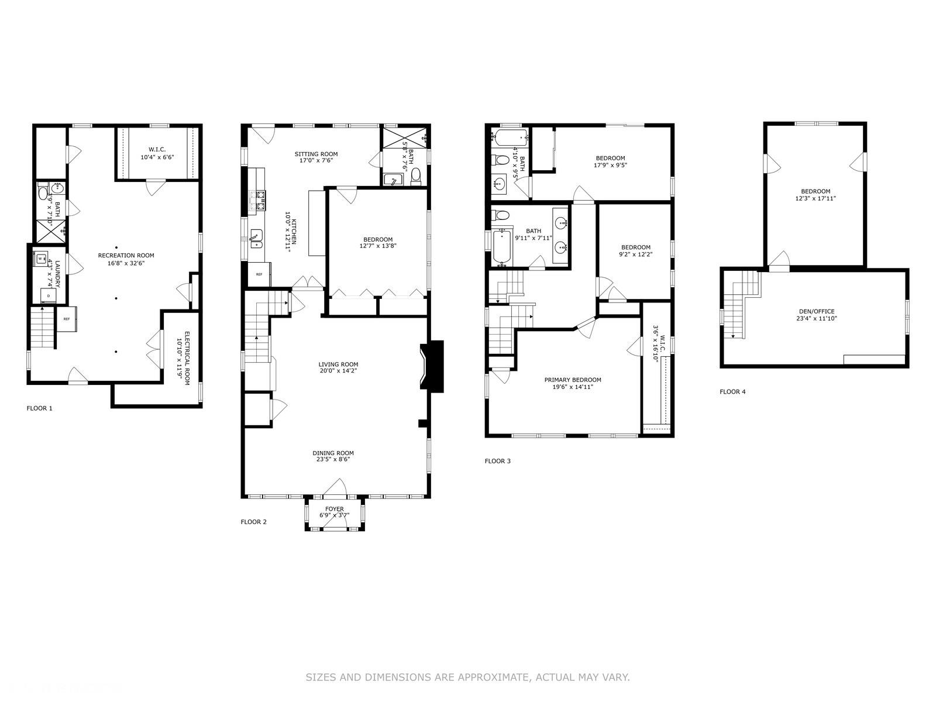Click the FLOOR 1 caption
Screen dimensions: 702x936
click(x=39, y=408)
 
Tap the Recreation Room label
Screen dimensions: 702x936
click(x=126, y=256)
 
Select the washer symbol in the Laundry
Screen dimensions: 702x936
click(x=42, y=258)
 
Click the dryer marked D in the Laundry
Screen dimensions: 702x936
click(x=48, y=296)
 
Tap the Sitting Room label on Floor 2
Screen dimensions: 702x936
click(x=316, y=154)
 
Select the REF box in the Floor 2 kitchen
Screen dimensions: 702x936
click(x=259, y=274)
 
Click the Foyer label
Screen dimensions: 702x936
click(x=335, y=509)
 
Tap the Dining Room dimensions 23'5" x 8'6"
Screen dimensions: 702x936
click(x=333, y=460)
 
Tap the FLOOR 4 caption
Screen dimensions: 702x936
click(x=732, y=392)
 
